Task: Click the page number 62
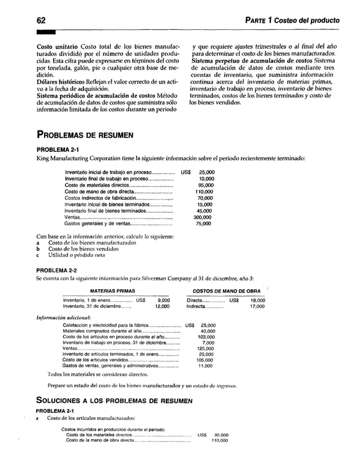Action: pos(25,20)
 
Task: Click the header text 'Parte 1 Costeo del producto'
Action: pos(292,21)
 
